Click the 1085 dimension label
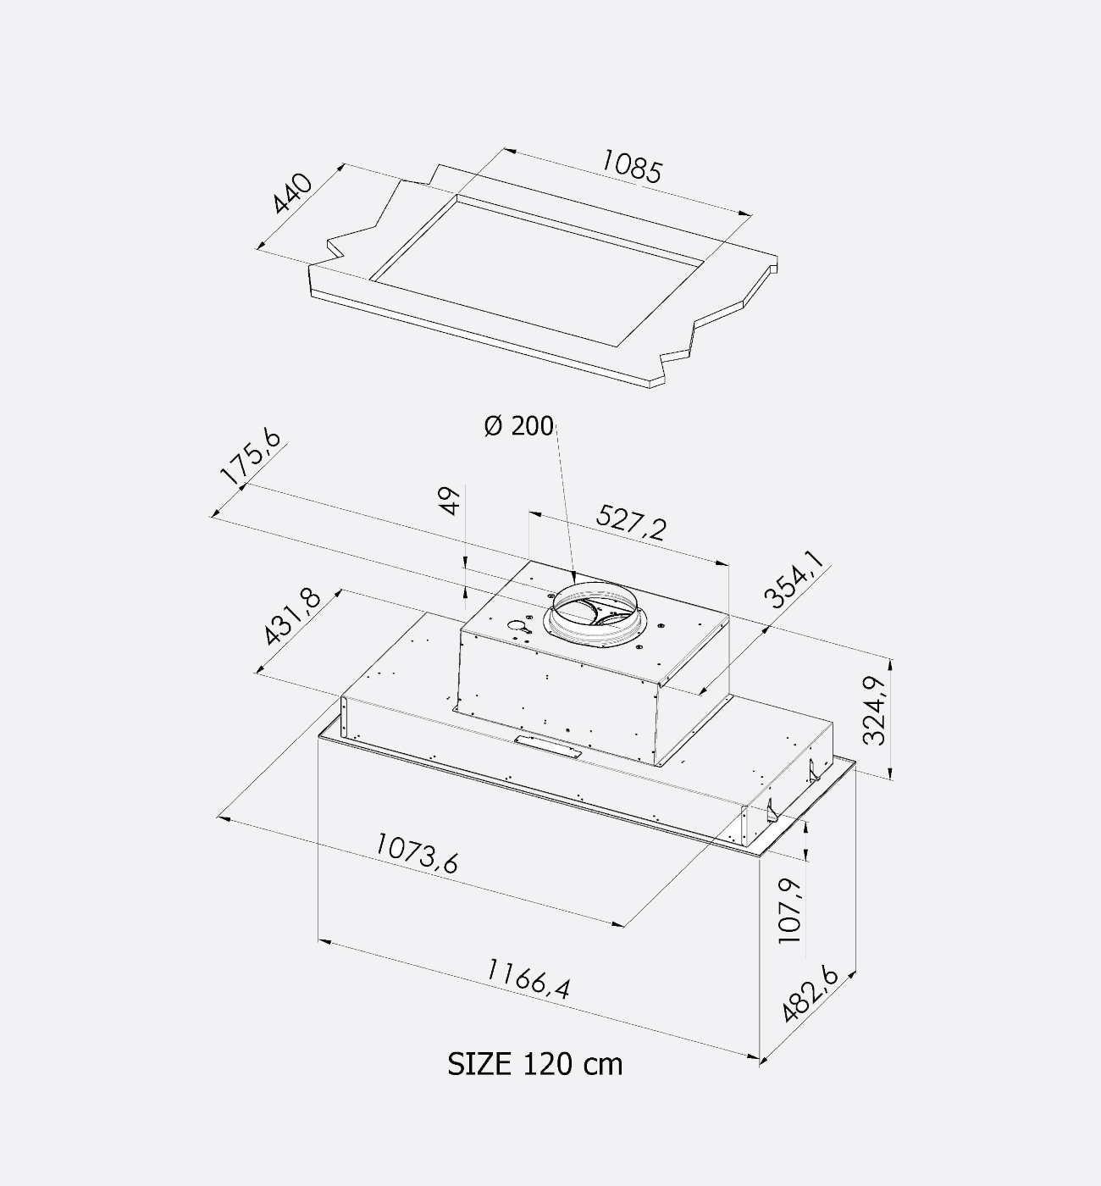click(632, 166)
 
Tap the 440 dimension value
click(292, 193)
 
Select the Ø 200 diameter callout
click(519, 426)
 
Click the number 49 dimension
click(451, 501)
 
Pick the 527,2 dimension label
click(632, 523)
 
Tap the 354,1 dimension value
click(795, 579)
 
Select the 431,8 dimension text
click(292, 617)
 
